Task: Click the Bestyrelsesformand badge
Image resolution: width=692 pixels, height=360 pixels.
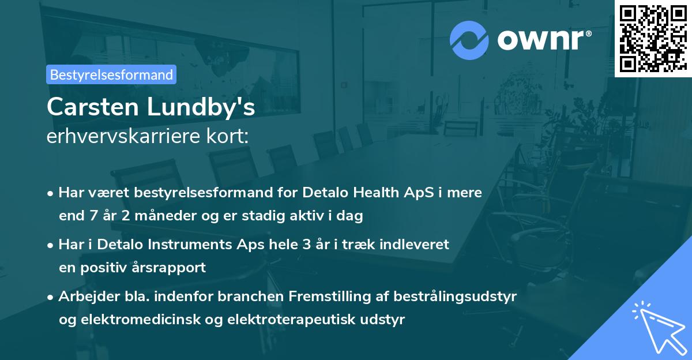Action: pyautogui.click(x=111, y=74)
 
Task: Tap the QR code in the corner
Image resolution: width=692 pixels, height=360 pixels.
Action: pyautogui.click(x=653, y=38)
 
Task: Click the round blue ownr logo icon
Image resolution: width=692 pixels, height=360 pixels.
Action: pyautogui.click(x=469, y=40)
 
